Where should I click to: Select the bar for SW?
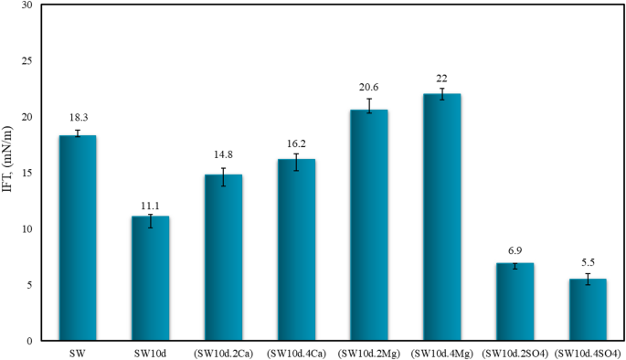[x=78, y=238]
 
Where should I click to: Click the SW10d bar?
[x=151, y=278]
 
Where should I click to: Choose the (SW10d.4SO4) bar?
[x=588, y=310]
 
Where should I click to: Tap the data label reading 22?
[x=442, y=78]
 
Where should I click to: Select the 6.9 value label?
[x=515, y=249]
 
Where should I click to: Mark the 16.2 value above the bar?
[x=296, y=142]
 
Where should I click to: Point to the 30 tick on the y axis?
[x=33, y=5]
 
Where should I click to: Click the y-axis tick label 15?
[x=33, y=173]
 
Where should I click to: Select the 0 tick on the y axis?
[x=36, y=341]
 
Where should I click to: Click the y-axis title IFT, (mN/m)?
[x=10, y=173]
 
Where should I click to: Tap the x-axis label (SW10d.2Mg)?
[x=369, y=353]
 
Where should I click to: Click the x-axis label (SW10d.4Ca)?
[x=296, y=353]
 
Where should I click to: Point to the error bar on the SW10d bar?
[x=151, y=220]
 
